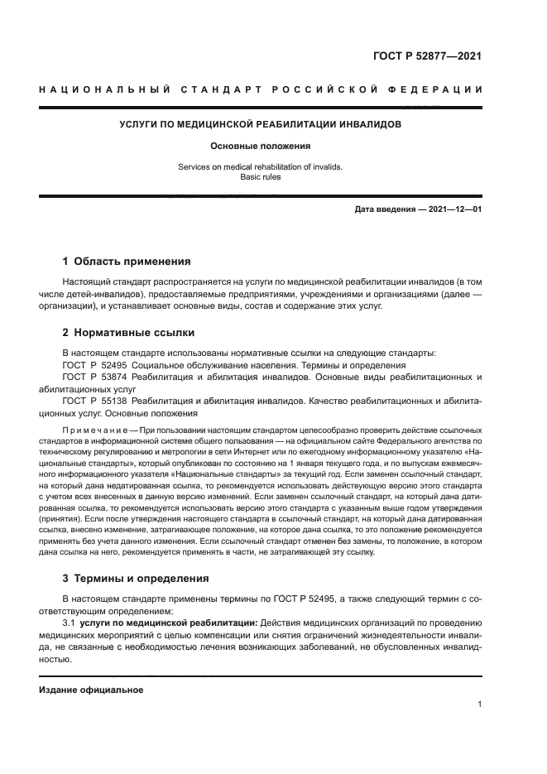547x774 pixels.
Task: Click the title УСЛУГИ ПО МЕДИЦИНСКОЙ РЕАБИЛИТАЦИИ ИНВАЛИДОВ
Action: [261, 124]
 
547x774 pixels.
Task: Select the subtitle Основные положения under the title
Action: [260, 147]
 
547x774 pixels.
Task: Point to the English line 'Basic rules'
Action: [260, 176]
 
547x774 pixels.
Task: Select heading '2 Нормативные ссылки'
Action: [128, 333]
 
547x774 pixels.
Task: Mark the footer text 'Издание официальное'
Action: [91, 690]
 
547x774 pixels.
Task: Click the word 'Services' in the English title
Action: [195, 166]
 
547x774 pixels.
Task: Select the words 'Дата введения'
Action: [383, 209]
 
